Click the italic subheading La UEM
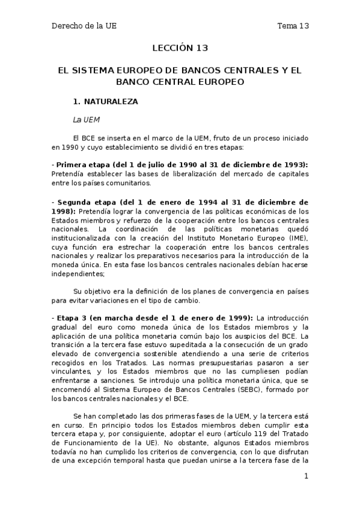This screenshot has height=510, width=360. coord(85,120)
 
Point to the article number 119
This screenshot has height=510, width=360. coord(261,443)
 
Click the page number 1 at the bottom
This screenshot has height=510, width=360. coord(306,477)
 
